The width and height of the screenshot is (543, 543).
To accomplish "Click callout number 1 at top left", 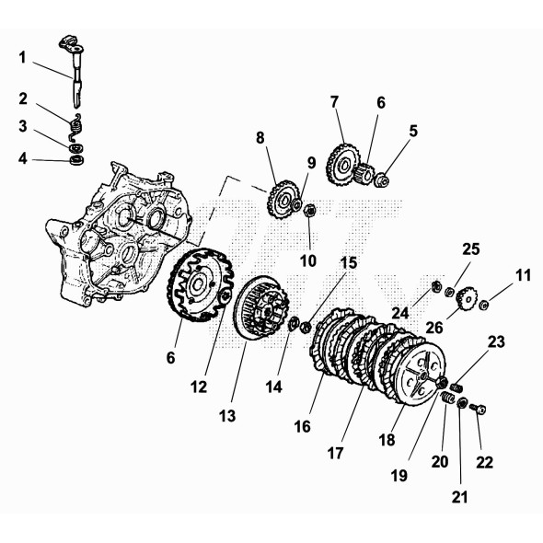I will [x=22, y=57].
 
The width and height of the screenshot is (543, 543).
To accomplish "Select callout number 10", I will [x=308, y=260].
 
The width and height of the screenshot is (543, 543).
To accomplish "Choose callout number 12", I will [x=200, y=388].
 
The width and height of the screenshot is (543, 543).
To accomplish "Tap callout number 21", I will [x=460, y=498].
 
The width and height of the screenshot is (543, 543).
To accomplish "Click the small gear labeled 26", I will [x=466, y=297].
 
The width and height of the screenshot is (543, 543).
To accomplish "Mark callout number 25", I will [x=471, y=250].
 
